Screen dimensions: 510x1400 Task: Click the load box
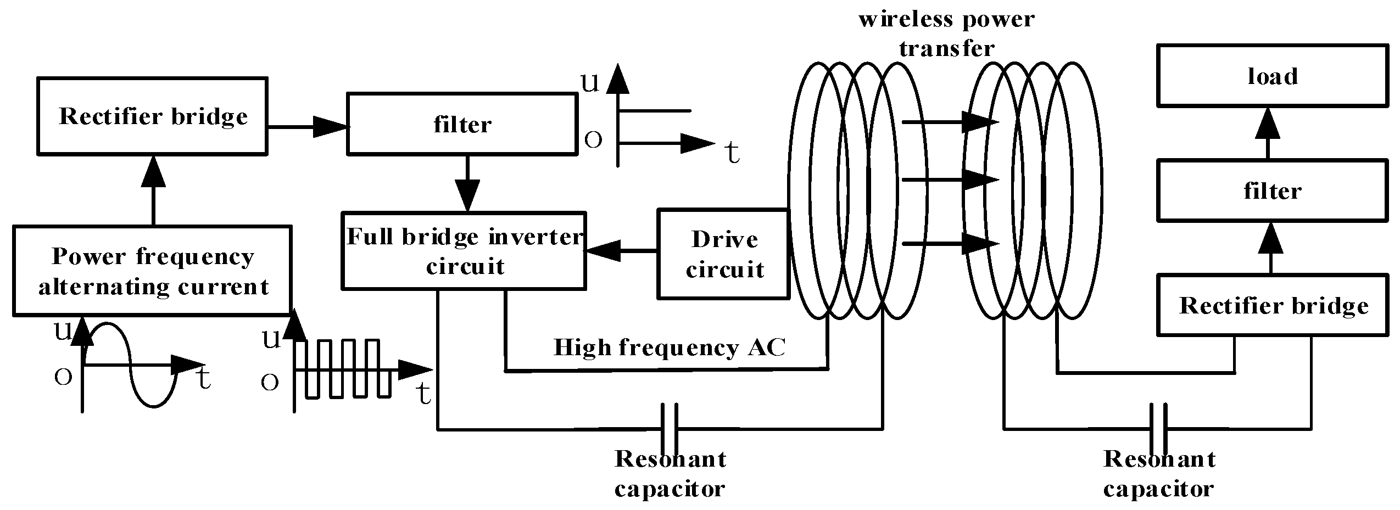coord(1272,75)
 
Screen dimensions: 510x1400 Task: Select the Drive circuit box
coord(723,254)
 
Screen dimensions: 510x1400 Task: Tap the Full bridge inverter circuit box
coord(464,250)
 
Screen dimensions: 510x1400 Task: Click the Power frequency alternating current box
coord(152,271)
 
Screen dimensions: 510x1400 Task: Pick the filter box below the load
coord(1272,190)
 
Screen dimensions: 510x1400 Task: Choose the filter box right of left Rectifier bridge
coord(462,124)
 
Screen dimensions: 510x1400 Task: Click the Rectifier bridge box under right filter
coord(1272,305)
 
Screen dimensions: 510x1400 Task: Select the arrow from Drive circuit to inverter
coord(621,251)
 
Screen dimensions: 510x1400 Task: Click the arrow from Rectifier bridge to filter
coord(308,127)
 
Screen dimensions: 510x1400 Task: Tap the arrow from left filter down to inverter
coord(467,184)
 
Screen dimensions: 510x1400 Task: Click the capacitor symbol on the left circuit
coord(669,428)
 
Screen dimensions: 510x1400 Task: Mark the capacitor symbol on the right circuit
coord(1158,428)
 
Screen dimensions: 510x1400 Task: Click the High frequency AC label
coord(670,348)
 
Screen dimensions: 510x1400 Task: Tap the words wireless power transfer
coord(946,33)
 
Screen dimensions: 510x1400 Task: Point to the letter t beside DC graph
coord(732,153)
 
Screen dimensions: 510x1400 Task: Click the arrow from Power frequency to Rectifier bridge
coord(153,189)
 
